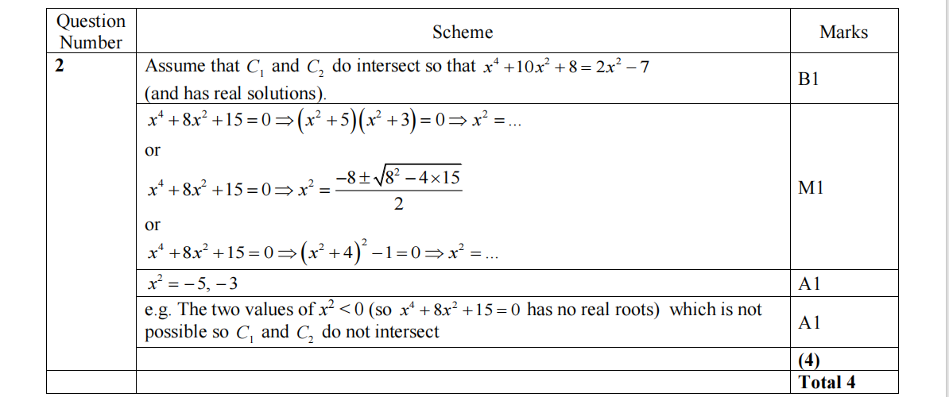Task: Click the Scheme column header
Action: click(x=463, y=33)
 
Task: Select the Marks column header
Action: click(x=843, y=33)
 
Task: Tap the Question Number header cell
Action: click(x=91, y=32)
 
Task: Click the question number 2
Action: click(x=60, y=66)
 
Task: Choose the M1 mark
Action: click(x=810, y=188)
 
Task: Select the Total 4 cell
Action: click(x=827, y=382)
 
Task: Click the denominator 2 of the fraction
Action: click(x=397, y=205)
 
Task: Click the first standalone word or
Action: click(x=153, y=150)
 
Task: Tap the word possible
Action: click(x=175, y=332)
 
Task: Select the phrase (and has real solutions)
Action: click(x=235, y=93)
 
